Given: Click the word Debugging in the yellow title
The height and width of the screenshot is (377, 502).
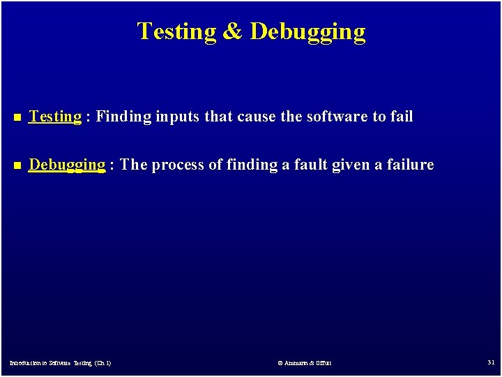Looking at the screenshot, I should tap(307, 32).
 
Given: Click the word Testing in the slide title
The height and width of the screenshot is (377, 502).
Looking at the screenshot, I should tap(177, 32).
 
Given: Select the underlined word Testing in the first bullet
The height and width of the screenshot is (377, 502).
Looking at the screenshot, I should tap(55, 117).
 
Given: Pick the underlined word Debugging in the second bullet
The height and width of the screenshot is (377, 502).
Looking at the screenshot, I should tap(67, 165).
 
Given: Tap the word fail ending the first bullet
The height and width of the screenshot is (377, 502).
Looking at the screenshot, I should tap(402, 117).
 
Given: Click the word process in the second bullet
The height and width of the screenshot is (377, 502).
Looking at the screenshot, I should tap(178, 165).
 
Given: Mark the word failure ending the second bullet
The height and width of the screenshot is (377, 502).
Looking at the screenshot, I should tap(413, 165).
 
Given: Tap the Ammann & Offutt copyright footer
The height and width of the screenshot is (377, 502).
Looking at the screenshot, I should tap(305, 363).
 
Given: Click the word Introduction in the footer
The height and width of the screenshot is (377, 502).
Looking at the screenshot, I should tap(25, 363).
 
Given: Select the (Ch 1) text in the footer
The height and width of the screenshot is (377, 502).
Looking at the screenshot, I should tap(101, 363).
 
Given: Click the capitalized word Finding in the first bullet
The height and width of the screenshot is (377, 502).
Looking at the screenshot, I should tap(123, 117).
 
